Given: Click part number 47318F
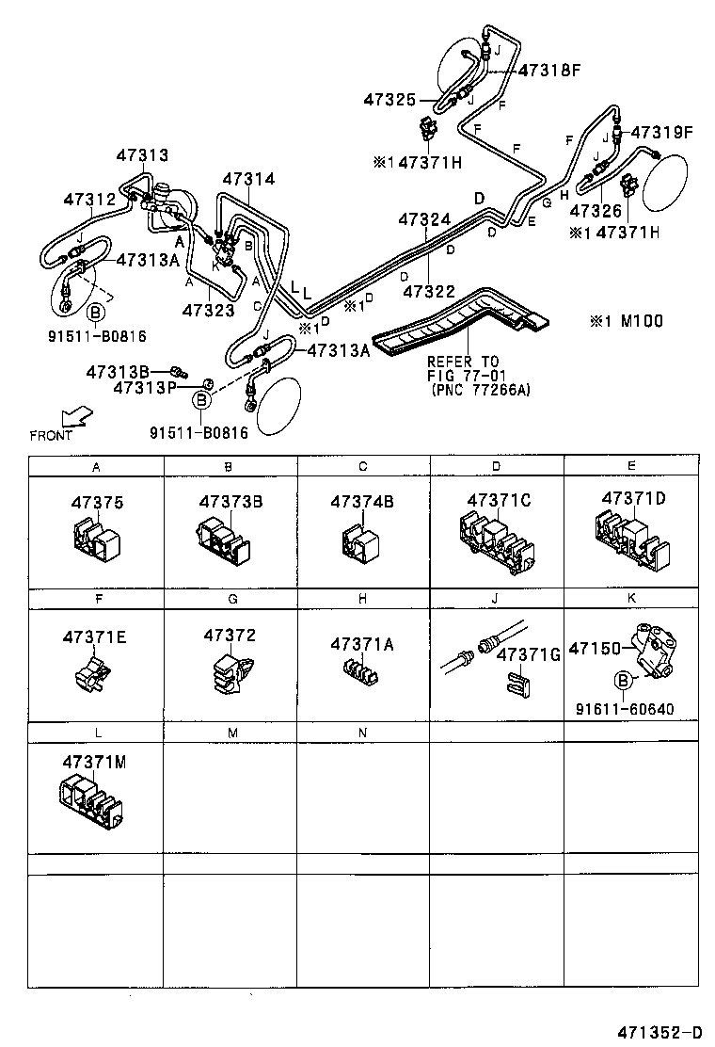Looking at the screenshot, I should [549, 70].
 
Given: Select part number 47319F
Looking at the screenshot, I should [660, 133].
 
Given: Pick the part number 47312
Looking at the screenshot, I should [89, 199].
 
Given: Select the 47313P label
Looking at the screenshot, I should [145, 387].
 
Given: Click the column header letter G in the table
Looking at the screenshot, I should [231, 599].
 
